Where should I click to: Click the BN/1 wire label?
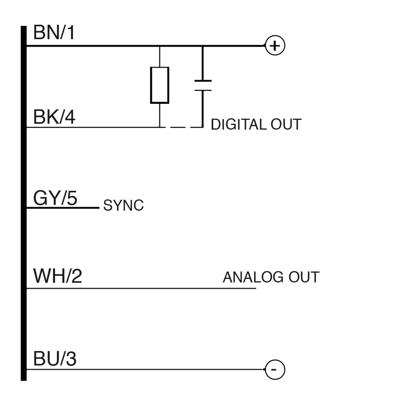54,34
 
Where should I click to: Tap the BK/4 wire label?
54,118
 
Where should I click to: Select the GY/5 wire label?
55,198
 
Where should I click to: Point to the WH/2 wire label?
57,277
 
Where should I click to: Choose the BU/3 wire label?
55,360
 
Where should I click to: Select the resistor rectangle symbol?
160,85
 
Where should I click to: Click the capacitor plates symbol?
203,85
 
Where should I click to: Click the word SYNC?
123,206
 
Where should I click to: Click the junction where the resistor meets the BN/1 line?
160,46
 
